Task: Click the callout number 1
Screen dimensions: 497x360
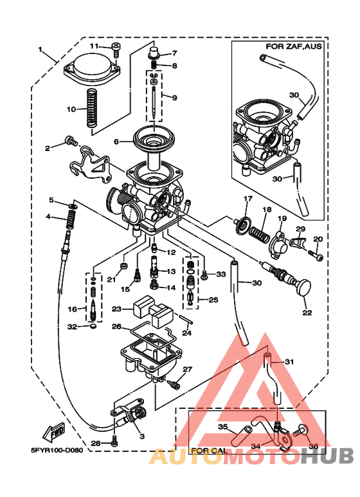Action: click(40, 50)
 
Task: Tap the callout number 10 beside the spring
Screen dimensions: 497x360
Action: click(72, 109)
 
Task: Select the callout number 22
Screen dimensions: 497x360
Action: click(307, 312)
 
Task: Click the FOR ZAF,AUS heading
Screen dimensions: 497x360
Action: click(294, 47)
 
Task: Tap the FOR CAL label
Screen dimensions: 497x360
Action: click(208, 451)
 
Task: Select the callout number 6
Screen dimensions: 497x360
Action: click(118, 141)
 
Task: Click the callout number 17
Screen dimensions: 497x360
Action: click(248, 197)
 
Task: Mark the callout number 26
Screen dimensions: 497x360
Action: click(116, 327)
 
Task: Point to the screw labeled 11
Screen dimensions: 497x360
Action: click(116, 46)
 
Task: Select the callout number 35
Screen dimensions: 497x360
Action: click(222, 426)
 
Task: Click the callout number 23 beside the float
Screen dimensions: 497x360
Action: click(116, 309)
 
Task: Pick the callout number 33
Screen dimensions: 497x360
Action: click(221, 275)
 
